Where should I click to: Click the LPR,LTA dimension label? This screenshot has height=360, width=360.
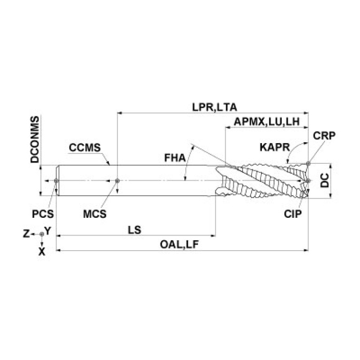(214, 107)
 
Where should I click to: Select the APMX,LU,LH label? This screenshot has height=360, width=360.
(267, 122)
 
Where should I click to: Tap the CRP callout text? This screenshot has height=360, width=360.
(324, 136)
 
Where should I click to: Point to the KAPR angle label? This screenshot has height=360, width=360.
(275, 147)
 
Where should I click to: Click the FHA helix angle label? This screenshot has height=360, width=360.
(175, 158)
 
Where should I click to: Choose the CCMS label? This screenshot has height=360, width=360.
(84, 148)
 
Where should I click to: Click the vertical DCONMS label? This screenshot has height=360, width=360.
(35, 139)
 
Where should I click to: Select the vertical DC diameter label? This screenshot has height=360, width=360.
(324, 180)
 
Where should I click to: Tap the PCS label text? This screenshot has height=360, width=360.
(43, 214)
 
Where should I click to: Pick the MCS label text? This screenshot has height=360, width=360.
(95, 214)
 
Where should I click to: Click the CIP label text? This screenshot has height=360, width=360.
(292, 214)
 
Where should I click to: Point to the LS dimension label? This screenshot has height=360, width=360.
(135, 230)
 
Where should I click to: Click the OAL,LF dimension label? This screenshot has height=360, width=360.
(179, 245)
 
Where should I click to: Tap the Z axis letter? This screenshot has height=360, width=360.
(26, 234)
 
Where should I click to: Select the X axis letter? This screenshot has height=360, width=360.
(42, 252)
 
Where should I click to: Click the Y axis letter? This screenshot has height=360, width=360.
(47, 231)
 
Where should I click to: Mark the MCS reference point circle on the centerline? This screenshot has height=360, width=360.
(117, 181)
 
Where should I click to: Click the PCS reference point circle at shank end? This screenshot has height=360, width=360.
(56, 181)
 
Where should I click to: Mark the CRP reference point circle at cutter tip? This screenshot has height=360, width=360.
(308, 163)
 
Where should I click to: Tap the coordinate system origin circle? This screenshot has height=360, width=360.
(42, 234)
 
